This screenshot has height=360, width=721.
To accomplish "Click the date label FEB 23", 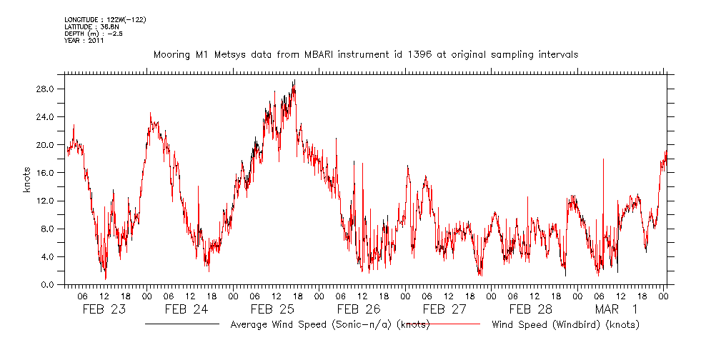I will pos(104,310).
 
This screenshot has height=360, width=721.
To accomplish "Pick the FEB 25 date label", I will pos(272,310).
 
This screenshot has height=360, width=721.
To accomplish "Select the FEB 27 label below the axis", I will pos(444,310).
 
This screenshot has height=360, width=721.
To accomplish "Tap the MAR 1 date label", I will pos(616,310).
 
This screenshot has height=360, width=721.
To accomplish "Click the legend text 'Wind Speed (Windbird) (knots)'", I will pos(565,325).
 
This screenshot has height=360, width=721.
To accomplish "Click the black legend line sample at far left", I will pos(182,324).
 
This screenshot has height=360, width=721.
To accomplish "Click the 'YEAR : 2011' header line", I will pos(84,41).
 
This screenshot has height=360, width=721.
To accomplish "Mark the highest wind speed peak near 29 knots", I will pos(294,81).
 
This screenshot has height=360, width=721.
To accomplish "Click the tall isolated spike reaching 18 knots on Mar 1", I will pos(604,159).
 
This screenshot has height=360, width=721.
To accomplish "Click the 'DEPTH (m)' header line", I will pos(94,34).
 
